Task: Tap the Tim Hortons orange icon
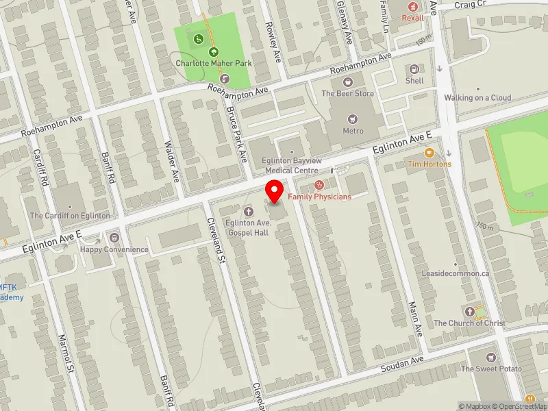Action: point(429,153)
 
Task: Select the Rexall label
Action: point(413,18)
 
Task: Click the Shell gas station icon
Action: point(414,69)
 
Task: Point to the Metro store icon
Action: point(353,119)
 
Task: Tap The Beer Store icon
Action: point(347,82)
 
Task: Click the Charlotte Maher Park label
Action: point(214,63)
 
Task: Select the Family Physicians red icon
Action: point(319,185)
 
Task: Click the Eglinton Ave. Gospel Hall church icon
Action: point(248,212)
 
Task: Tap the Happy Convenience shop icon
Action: point(114,238)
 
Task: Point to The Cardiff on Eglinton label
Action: point(69,216)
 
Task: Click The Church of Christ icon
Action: point(469,312)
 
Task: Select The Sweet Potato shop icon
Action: point(490,358)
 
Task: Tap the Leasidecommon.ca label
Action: point(456,273)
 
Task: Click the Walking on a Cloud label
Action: point(477,98)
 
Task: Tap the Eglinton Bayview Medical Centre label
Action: point(291,165)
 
